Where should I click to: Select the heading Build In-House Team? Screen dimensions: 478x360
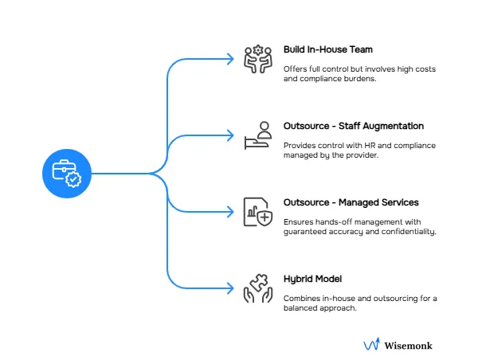click(x=328, y=49)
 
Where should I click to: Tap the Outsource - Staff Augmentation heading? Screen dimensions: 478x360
click(x=354, y=126)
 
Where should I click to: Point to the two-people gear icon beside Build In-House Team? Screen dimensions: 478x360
click(x=258, y=59)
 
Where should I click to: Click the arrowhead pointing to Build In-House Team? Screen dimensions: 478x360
click(x=229, y=59)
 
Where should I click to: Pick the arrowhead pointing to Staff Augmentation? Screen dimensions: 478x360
click(x=229, y=135)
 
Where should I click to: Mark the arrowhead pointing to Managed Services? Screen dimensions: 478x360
click(x=229, y=212)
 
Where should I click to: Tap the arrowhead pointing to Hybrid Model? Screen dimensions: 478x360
click(x=229, y=289)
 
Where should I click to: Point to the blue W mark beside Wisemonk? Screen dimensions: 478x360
click(x=371, y=345)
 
